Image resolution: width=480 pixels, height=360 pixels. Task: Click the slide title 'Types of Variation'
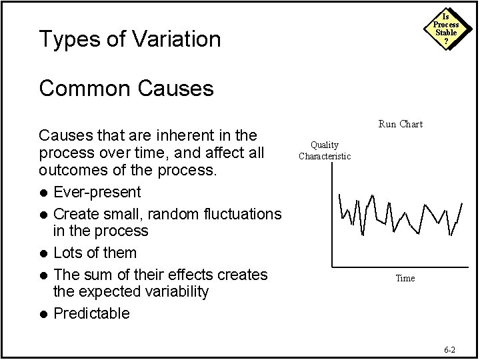coord(129,39)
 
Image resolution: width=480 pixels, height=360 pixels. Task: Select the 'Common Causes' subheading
coord(126,88)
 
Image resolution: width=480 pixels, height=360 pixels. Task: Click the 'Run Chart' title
coord(400,124)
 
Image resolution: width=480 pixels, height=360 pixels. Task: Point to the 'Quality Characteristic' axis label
coord(324,151)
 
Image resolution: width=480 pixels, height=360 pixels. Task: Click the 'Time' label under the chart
coord(405,278)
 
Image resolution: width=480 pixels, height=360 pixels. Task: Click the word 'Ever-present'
coord(97,193)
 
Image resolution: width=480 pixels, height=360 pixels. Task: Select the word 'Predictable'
coord(91,313)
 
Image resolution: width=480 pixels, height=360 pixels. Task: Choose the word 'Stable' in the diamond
coord(446,33)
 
